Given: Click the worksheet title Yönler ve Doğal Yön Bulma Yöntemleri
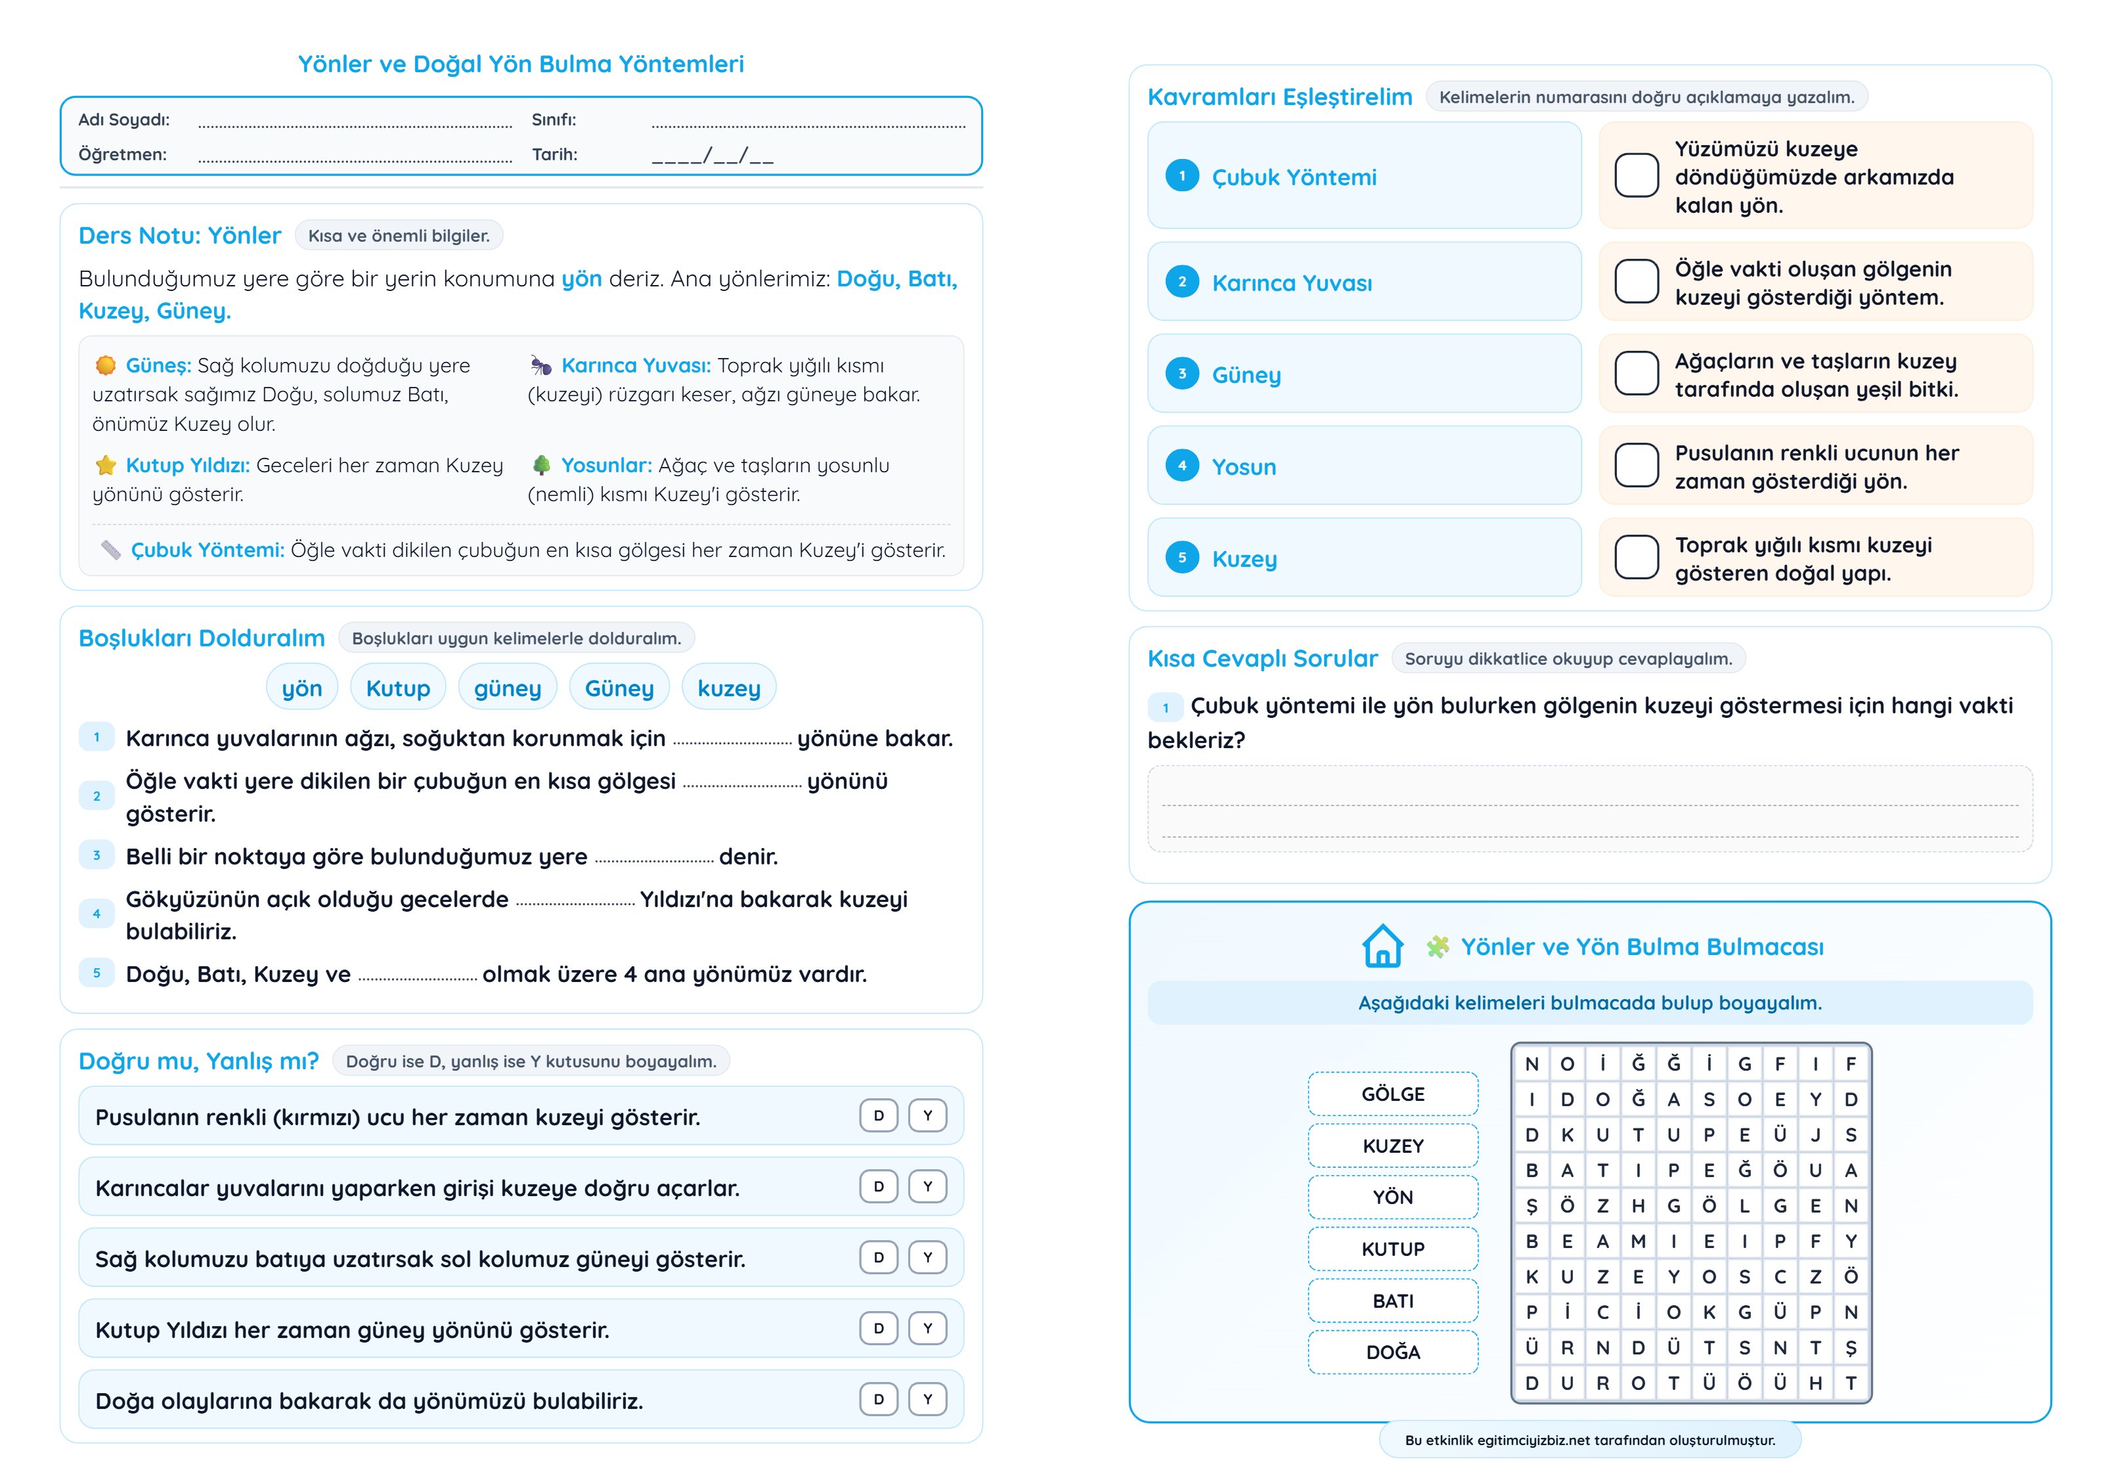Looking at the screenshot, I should [x=521, y=64].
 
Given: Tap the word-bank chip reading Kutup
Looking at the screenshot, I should [x=397, y=688].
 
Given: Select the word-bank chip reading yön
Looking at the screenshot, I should [x=301, y=688].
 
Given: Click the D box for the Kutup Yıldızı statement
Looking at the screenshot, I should [x=879, y=1328].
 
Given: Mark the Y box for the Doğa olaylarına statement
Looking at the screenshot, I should [x=927, y=1398].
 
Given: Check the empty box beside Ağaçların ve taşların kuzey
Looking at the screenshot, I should [x=1637, y=374].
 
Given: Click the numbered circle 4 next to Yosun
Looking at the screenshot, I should [x=1182, y=466].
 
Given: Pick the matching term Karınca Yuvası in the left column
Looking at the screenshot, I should [x=1292, y=283].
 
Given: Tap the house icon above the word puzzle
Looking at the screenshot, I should [x=1382, y=946].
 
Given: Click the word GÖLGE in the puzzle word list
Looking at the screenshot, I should [x=1393, y=1094].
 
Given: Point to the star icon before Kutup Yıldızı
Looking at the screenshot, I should [x=106, y=464].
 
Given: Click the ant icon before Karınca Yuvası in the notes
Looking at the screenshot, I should [x=541, y=365].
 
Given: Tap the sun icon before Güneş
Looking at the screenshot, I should [x=106, y=365].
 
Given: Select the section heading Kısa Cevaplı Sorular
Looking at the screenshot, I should [x=1262, y=659].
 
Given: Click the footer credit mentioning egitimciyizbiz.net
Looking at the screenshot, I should [x=1589, y=1440].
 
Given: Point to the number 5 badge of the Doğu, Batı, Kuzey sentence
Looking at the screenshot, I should [x=97, y=973].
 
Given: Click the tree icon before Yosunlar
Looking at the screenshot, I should [x=542, y=464].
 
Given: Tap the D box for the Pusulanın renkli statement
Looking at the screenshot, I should [x=879, y=1115].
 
